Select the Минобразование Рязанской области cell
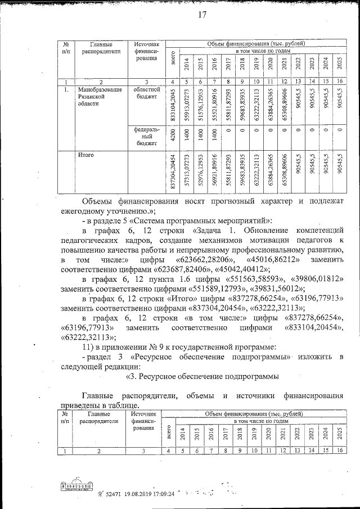point(100,97)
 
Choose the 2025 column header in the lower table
point(339,434)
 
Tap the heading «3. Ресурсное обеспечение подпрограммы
point(201,376)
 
